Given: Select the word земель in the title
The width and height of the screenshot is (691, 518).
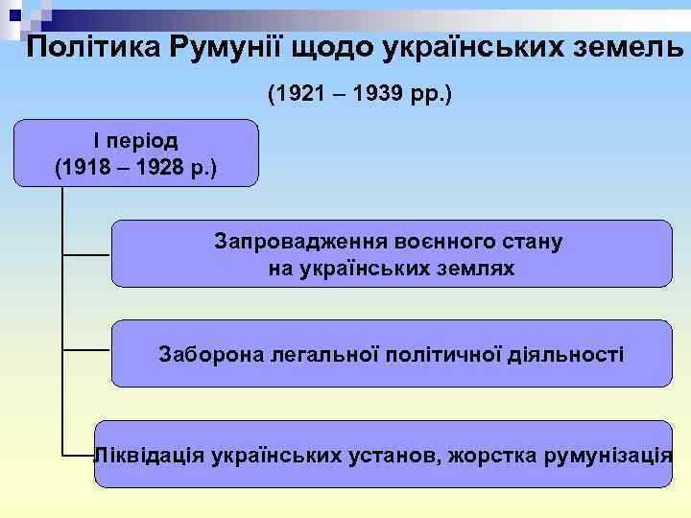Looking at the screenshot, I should click(x=624, y=48).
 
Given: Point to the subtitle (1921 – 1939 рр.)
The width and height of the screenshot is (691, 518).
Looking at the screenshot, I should click(x=360, y=96).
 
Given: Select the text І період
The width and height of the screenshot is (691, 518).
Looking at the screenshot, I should click(x=135, y=140).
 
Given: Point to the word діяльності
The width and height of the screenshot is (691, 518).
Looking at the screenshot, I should click(x=570, y=355).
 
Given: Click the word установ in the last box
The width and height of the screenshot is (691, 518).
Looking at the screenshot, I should click(x=393, y=453).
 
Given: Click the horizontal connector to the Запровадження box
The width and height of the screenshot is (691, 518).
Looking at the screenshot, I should click(x=86, y=255).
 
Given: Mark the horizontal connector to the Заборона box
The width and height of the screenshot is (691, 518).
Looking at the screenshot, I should click(x=86, y=353).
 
